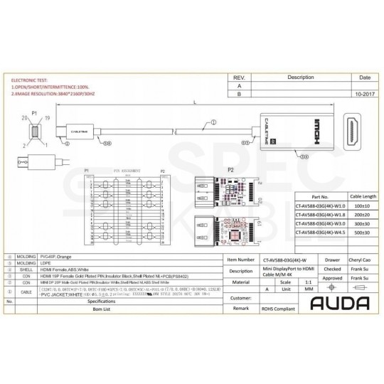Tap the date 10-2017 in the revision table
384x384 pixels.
pyautogui.click(x=365, y=93)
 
